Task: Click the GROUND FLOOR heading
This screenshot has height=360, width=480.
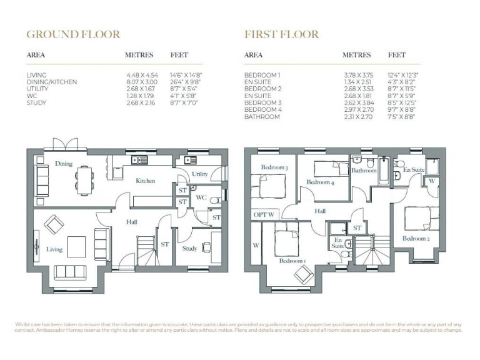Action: (x=72, y=34)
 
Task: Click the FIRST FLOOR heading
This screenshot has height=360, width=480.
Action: (x=281, y=34)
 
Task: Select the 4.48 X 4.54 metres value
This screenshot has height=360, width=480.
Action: (x=142, y=75)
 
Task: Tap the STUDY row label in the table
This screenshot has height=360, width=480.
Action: (x=36, y=102)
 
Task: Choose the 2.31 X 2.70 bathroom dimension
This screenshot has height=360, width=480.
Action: (x=359, y=116)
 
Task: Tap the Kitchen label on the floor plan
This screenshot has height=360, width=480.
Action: (x=146, y=181)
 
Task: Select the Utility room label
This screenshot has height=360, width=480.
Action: (x=200, y=174)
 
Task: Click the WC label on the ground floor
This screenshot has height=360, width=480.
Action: (x=201, y=197)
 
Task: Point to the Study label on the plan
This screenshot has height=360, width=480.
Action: (x=189, y=248)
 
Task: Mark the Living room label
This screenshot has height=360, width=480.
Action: (x=54, y=249)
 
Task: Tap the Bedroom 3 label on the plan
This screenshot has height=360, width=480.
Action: (x=274, y=167)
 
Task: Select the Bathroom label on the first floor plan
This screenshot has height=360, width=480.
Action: (x=363, y=170)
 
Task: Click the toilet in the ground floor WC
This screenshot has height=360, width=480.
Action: (x=213, y=200)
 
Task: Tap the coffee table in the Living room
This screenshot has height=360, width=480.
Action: (x=76, y=244)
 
